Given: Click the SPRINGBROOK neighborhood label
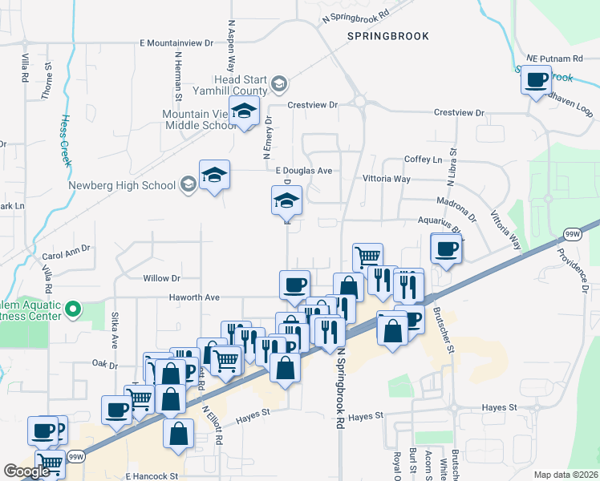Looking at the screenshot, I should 388,36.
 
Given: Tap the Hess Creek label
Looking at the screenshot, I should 63,139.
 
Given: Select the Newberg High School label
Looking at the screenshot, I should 123,185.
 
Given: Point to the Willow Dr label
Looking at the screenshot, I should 162,278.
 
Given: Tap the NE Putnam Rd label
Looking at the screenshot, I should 555,59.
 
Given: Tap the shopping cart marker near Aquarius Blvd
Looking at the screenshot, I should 367,257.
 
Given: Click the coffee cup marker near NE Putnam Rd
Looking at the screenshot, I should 537,80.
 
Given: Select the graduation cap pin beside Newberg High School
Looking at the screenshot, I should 214,174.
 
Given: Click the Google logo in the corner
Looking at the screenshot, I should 26,472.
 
